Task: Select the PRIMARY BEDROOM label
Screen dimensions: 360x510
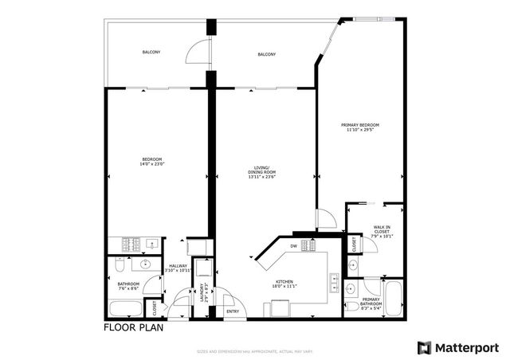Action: (359, 125)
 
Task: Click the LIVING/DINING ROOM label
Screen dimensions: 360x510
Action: (261, 172)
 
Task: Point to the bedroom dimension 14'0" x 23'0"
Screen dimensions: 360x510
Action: (153, 164)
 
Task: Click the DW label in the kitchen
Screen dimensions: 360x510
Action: (294, 246)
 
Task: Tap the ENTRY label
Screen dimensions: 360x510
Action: (233, 311)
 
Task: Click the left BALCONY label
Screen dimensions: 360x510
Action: (151, 53)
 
